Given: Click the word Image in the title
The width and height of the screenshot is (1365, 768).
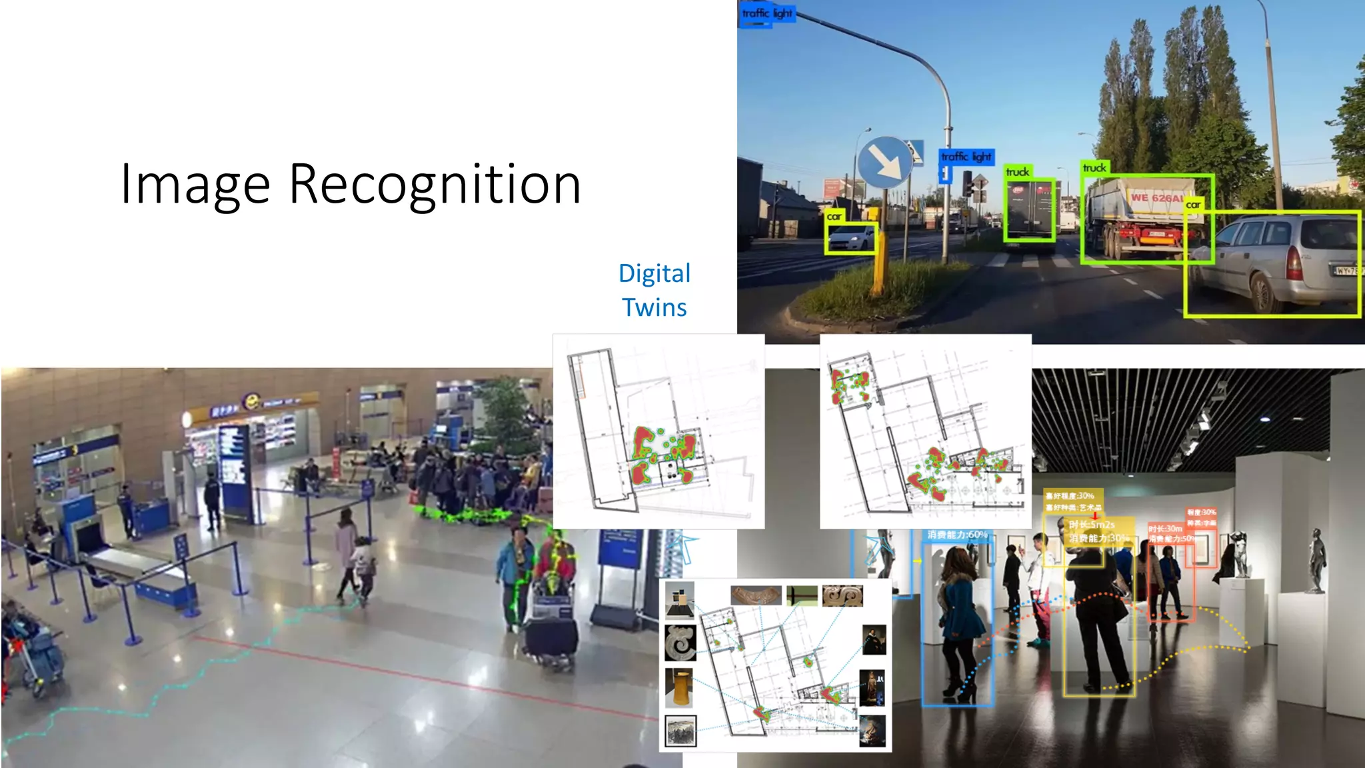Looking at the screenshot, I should coord(195,185).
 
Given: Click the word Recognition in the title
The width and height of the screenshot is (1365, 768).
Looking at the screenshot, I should coord(435,185).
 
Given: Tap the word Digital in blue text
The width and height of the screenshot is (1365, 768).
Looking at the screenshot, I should coord(654,273).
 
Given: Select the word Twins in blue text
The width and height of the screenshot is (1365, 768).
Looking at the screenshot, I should coord(654,308).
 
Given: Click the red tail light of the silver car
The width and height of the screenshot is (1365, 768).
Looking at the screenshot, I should coord(1294,264).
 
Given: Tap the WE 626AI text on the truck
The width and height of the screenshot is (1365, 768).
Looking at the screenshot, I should coord(1157,198).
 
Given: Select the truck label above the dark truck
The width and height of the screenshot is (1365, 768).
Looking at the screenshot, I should coord(1018,172).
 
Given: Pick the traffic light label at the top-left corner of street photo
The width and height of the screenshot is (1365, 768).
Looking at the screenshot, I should coord(767,13).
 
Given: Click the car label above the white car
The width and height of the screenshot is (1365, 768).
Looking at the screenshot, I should coord(834,217).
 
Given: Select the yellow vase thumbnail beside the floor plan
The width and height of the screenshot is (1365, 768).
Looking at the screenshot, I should coord(679,687).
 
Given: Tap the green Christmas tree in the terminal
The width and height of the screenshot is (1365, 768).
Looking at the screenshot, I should coord(505,413).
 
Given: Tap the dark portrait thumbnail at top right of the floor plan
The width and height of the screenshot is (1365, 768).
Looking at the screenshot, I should coord(874,640).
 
